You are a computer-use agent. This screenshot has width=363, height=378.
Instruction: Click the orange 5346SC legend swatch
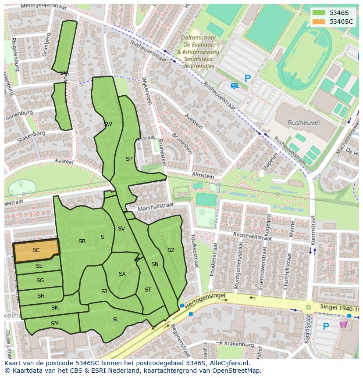pos(319,22)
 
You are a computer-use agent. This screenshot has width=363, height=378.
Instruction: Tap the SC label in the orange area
pos(36,250)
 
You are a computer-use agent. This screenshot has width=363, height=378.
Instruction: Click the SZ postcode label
pos(171,250)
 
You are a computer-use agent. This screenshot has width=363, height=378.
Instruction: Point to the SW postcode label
pos(107,124)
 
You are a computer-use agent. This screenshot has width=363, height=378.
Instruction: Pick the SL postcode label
pos(116,320)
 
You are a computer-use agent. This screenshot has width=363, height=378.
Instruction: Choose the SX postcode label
pos(122,274)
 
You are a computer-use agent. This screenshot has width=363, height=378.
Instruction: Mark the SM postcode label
pos(54,324)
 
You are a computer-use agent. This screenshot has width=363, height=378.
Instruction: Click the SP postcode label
pos(129,159)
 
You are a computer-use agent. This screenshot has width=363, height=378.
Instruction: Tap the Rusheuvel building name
pos(303,123)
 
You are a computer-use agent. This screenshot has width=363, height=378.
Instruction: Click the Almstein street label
pos(203,176)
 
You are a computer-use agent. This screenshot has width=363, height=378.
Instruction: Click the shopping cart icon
pos(343,324)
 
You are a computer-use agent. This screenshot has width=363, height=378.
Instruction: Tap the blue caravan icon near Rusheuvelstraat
pos(235,86)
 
